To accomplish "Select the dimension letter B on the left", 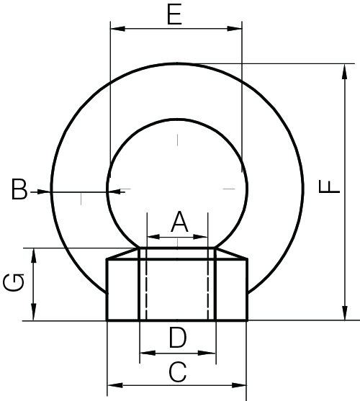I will click(x=19, y=191).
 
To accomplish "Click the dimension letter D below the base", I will click(x=177, y=337).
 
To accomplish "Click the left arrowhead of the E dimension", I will click(x=114, y=29).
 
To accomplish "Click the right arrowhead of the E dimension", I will click(x=236, y=29).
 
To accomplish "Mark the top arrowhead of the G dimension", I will click(x=33, y=253).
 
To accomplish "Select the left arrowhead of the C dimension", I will click(x=113, y=386).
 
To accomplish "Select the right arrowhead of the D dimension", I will click(x=210, y=353).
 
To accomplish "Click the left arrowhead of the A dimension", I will click(x=152, y=235).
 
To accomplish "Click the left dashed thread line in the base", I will click(x=146, y=288).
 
